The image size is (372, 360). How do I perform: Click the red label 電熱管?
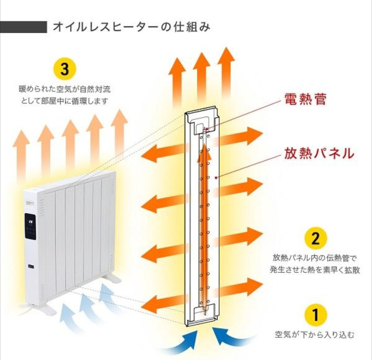point(305,99)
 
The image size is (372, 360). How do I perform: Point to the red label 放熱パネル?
point(319,153)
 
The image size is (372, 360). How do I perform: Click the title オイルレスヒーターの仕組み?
point(131,27)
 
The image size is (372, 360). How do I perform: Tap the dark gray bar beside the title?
point(23,27)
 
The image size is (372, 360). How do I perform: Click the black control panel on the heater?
point(30,226)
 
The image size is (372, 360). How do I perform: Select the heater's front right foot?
point(112,278)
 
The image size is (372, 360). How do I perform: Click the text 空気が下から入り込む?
point(314,334)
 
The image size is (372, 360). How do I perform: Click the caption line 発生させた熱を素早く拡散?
point(314,270)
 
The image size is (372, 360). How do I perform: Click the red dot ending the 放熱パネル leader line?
point(216,178)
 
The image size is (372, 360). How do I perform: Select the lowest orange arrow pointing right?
point(239,286)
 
